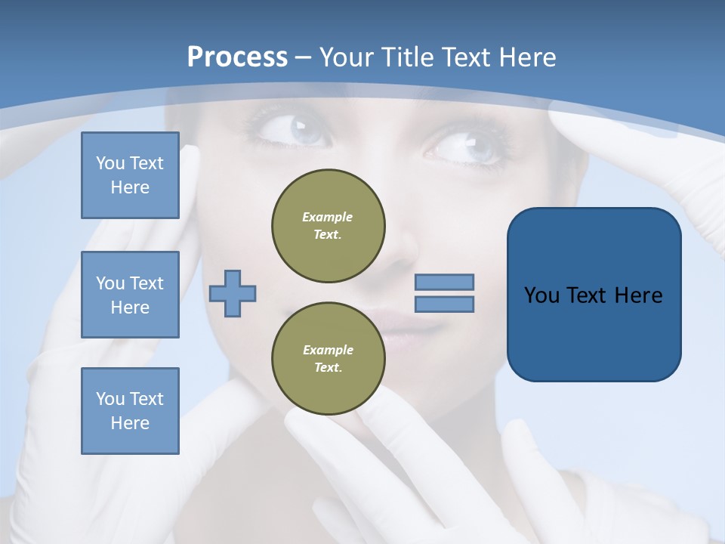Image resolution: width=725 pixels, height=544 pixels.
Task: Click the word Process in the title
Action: (x=237, y=57)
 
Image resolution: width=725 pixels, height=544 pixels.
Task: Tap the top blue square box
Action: (x=130, y=175)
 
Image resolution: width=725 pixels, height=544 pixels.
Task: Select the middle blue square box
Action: (x=130, y=295)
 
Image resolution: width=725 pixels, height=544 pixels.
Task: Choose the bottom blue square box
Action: (x=130, y=411)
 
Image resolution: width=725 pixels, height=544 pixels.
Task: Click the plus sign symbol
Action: (x=233, y=293)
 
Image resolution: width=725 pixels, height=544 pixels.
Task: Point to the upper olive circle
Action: (x=329, y=226)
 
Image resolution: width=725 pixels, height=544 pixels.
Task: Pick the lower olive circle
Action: (x=329, y=359)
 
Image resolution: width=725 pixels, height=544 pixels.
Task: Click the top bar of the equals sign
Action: (x=445, y=283)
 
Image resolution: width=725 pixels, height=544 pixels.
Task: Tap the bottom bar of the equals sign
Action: (x=445, y=304)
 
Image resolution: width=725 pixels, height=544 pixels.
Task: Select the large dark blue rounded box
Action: (x=594, y=294)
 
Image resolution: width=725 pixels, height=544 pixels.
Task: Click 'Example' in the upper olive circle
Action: (x=328, y=217)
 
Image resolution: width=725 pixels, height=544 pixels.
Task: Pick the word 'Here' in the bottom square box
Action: (x=130, y=423)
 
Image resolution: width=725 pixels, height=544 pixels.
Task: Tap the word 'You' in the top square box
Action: (x=110, y=163)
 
